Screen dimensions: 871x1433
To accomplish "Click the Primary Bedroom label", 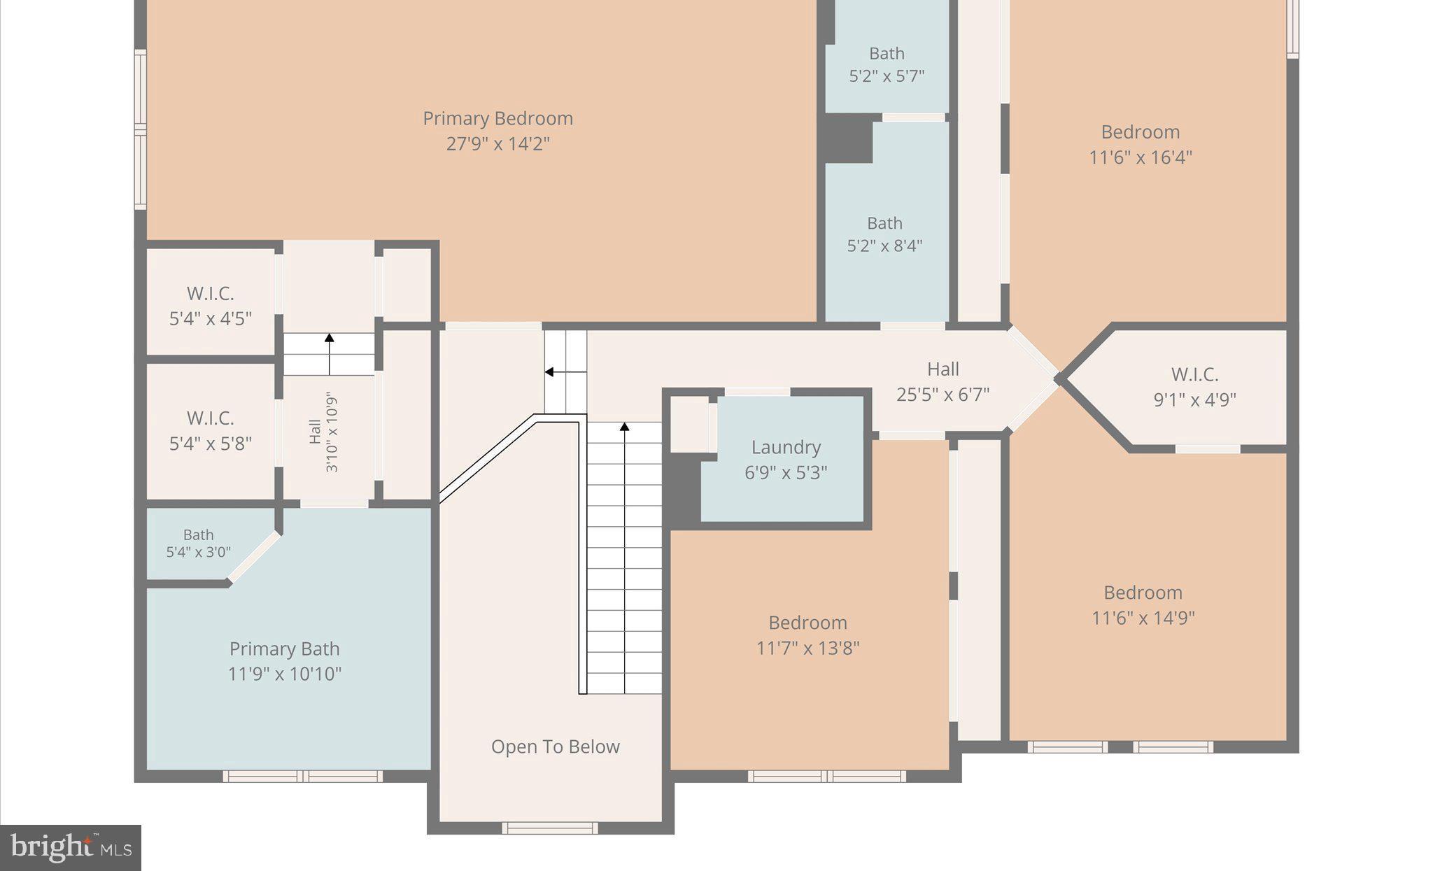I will [497, 118].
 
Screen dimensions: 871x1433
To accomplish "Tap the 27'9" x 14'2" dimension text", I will [497, 144].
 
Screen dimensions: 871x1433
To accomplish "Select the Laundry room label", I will [786, 448].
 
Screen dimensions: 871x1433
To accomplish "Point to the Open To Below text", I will [555, 747].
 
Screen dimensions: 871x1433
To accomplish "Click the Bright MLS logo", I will [71, 848].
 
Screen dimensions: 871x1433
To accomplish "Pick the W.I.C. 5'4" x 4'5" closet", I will [210, 306].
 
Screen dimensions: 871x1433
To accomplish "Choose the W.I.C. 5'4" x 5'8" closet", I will [210, 430].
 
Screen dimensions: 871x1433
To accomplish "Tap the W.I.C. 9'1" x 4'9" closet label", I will [1194, 387].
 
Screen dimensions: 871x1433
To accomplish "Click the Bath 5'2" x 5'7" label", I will [887, 64].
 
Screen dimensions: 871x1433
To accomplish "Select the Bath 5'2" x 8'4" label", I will [884, 234].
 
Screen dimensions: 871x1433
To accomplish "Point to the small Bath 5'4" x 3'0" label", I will [198, 544].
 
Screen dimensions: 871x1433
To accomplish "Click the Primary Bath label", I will [284, 649].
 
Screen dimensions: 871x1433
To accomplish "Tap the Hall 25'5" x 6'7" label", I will [943, 382].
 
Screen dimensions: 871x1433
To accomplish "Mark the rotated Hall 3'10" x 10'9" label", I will [323, 432].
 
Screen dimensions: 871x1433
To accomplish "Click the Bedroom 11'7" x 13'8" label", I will [807, 635].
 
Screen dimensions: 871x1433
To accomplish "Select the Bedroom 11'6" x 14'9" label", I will [1143, 605].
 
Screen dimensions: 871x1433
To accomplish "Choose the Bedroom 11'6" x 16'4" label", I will [1140, 144].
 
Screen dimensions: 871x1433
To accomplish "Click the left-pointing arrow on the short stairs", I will [551, 372].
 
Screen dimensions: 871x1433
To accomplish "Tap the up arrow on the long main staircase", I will [624, 427].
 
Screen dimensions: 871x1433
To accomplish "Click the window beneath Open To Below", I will [549, 828].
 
